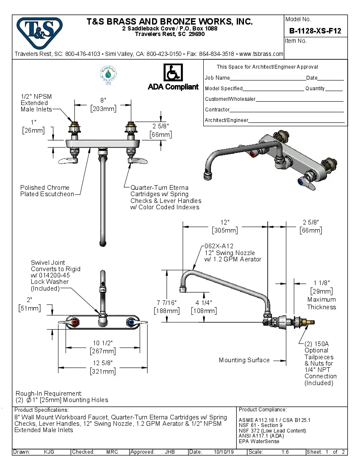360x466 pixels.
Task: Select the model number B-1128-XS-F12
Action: click(315, 31)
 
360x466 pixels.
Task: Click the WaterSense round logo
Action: click(108, 75)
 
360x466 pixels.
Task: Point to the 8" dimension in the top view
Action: click(103, 100)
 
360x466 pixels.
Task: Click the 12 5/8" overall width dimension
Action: click(103, 363)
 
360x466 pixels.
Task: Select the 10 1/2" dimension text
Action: click(103, 343)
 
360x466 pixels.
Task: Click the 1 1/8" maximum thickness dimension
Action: click(321, 283)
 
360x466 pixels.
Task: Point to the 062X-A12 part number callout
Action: click(219, 246)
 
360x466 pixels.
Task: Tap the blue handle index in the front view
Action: click(130, 323)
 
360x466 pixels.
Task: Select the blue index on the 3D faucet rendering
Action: click(300, 183)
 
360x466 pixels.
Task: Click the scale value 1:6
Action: click(285, 452)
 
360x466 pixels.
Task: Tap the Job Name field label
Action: click(217, 78)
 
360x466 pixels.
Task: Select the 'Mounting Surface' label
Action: click(244, 360)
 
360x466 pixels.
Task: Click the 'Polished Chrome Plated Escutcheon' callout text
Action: click(47, 191)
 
